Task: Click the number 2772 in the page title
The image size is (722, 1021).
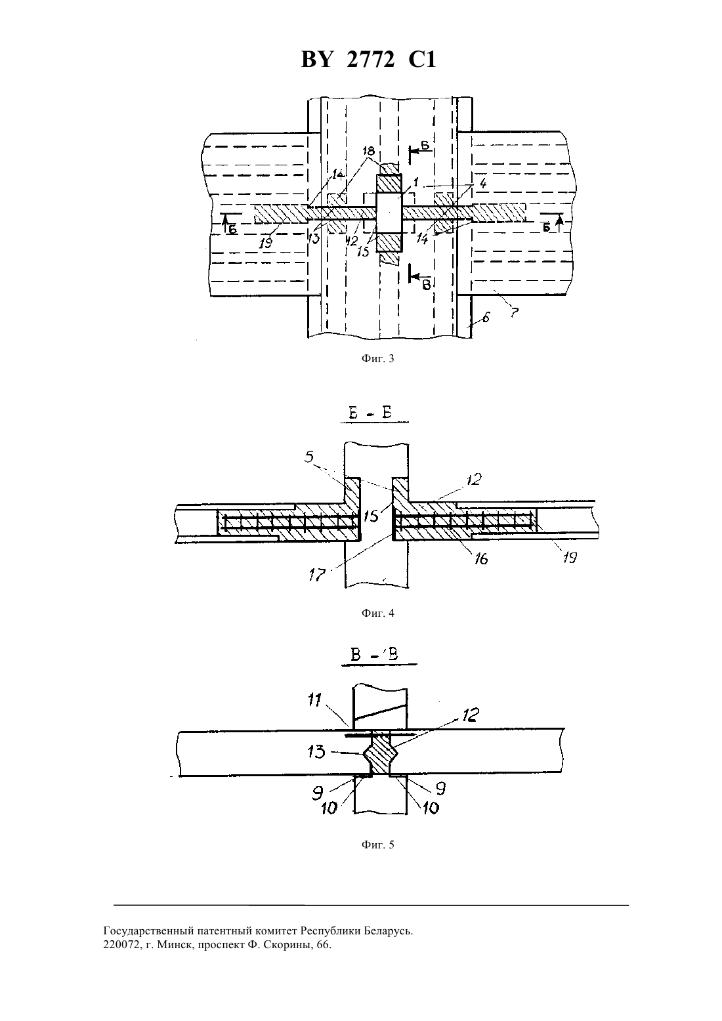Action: point(370,60)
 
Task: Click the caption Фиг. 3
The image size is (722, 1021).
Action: point(377,359)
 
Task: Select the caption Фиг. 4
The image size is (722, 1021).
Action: point(377,613)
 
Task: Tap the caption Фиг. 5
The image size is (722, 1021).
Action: point(377,844)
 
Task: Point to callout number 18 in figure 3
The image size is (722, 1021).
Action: point(368,152)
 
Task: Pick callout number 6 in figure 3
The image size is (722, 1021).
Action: point(486,318)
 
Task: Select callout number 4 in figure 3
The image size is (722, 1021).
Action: point(482,184)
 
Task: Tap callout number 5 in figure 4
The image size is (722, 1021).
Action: point(310,456)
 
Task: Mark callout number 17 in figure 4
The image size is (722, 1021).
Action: point(317,575)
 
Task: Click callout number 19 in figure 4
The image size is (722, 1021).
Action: point(570,556)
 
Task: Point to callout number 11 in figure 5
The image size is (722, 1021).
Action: point(315,699)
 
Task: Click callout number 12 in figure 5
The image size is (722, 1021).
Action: point(471,715)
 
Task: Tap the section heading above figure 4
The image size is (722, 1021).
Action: point(373,413)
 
